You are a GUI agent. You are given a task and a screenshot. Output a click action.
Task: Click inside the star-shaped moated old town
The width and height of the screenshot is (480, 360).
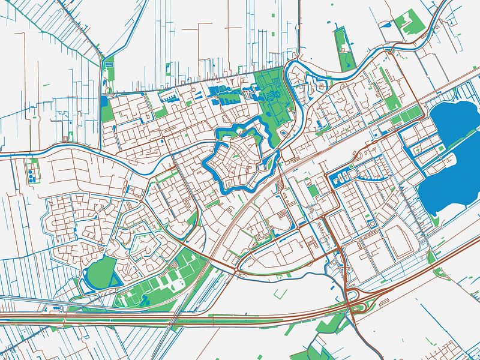(x=240, y=156)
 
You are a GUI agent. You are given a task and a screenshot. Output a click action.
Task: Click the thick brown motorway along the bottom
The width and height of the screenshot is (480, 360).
(x=180, y=321)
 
